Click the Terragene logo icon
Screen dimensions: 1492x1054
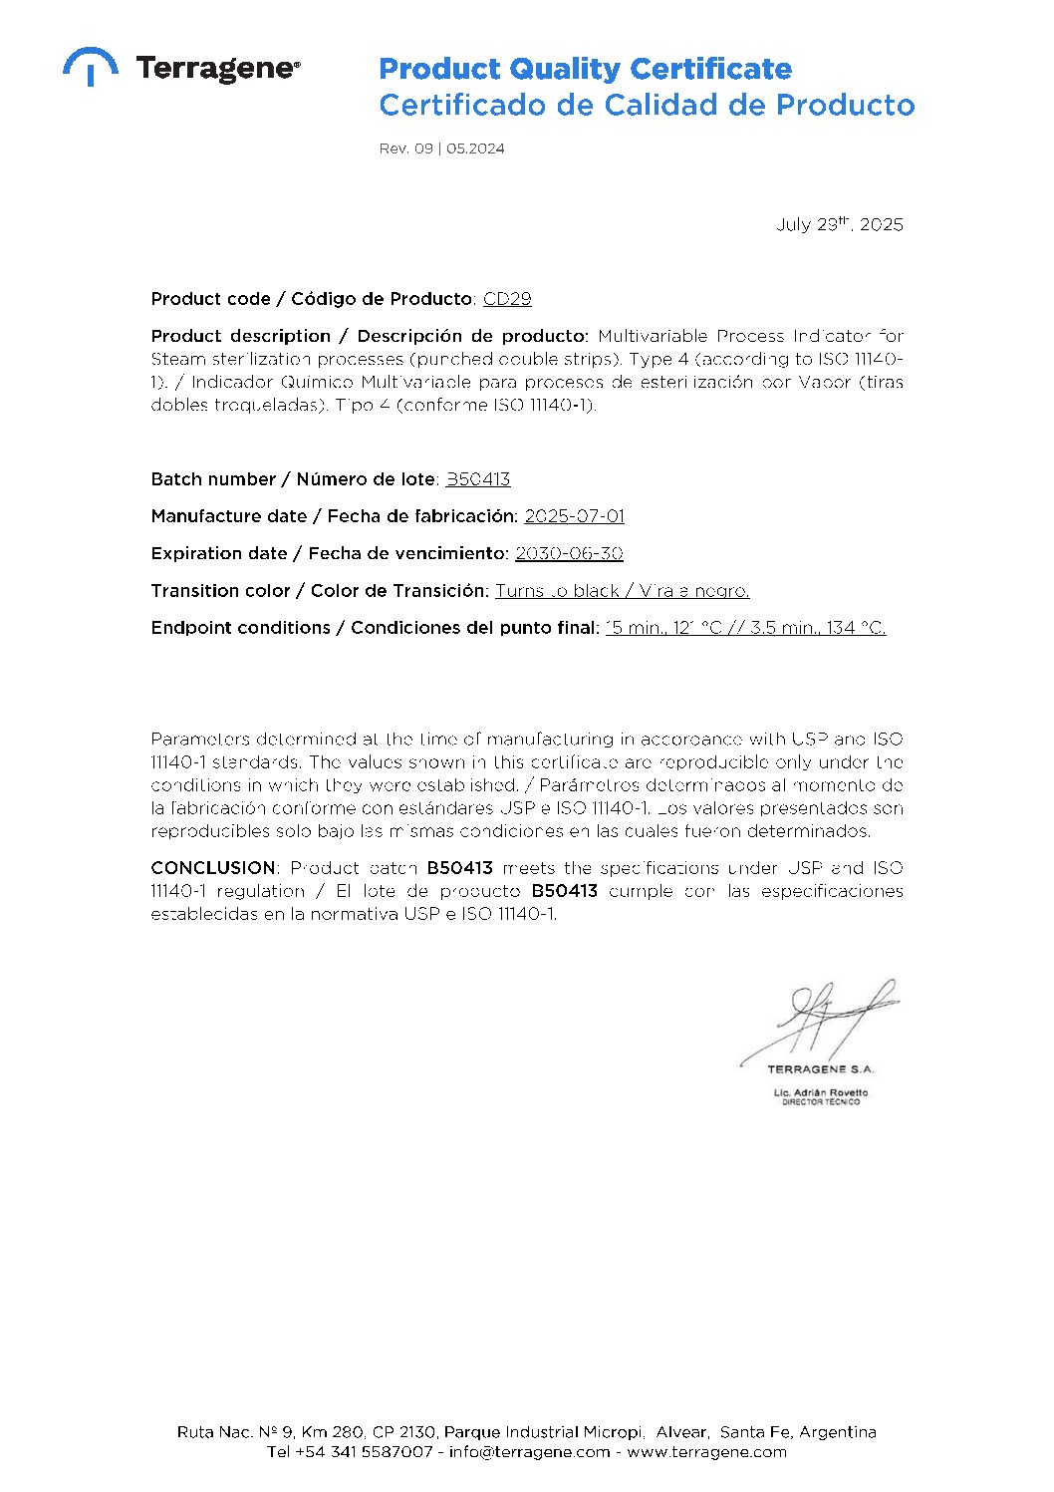coord(91,66)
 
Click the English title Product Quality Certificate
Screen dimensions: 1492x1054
coord(585,69)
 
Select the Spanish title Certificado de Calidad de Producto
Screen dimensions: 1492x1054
coord(647,105)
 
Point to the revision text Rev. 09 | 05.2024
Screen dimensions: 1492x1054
coord(441,149)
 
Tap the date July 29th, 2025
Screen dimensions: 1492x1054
coord(839,224)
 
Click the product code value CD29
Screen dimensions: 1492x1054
coord(507,299)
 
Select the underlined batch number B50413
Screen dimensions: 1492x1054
coord(478,479)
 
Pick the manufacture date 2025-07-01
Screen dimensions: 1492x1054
coord(574,516)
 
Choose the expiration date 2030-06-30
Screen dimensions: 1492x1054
coord(569,553)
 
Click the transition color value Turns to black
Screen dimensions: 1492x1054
coord(558,591)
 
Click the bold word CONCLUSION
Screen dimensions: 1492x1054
coord(213,868)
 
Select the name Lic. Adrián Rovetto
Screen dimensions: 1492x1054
coord(820,1092)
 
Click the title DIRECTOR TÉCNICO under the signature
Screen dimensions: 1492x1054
coord(820,1101)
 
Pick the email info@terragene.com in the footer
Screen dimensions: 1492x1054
coord(529,1452)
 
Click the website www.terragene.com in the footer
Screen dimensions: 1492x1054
coord(706,1452)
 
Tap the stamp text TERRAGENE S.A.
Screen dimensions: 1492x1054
coord(820,1069)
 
